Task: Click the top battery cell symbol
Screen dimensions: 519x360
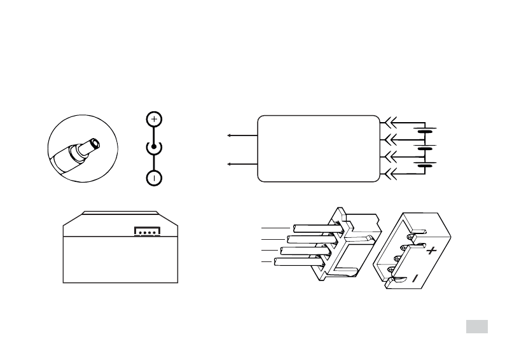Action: pos(425,130)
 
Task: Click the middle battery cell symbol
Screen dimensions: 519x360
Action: pos(425,148)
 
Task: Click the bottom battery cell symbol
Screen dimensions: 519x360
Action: pos(425,165)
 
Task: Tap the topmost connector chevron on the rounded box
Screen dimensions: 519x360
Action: pos(390,121)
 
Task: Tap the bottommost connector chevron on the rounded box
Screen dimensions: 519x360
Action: pos(390,173)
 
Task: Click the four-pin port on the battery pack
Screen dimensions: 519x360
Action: pos(146,232)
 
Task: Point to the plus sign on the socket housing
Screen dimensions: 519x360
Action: pos(432,251)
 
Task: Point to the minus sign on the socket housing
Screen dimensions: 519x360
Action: pos(415,278)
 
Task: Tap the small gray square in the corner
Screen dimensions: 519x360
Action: pos(476,326)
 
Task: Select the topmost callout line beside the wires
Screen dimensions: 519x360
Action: pos(275,227)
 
